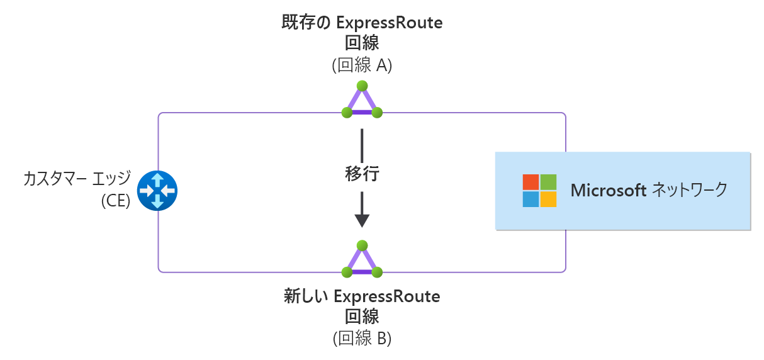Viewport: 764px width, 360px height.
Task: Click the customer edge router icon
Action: coord(157,191)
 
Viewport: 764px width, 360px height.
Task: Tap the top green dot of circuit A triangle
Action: coord(362,86)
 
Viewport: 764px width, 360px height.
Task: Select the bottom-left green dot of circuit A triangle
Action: coord(347,113)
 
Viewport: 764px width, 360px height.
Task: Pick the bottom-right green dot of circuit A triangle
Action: coord(377,113)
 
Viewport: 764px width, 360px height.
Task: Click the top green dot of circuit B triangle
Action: coord(362,245)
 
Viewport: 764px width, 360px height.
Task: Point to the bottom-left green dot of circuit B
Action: coord(347,272)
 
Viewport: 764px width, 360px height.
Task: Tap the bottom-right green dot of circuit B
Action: coord(377,272)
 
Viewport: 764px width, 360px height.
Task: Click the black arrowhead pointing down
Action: coord(362,220)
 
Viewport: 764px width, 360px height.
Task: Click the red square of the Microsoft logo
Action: coord(531,182)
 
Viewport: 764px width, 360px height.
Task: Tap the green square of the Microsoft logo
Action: coord(549,182)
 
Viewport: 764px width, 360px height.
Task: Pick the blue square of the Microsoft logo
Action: coord(531,199)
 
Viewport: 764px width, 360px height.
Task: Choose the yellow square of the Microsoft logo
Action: coord(549,199)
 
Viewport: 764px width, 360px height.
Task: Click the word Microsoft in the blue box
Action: coord(608,190)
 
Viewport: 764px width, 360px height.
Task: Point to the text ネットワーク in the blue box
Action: coord(689,190)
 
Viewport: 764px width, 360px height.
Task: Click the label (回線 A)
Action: coord(362,65)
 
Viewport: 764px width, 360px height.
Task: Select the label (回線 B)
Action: coord(362,338)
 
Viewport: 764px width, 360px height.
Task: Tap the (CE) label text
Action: coord(115,201)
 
